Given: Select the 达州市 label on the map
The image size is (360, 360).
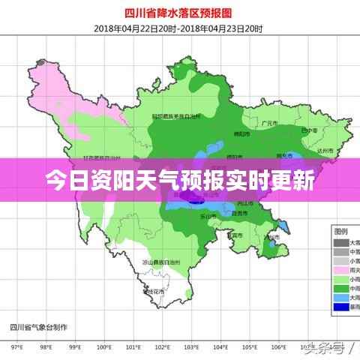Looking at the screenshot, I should pyautogui.click(x=325, y=150).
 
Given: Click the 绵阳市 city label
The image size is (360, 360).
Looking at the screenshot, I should pyautogui.click(x=241, y=133).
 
